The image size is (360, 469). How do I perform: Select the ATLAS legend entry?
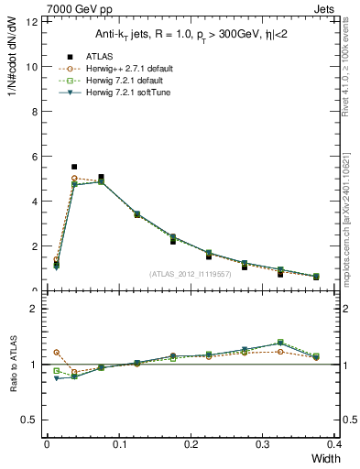click(95, 55)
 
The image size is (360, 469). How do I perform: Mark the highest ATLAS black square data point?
click(73, 167)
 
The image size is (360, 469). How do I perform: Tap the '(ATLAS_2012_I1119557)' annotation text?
click(190, 275)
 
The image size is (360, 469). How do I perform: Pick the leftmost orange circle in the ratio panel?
click(56, 352)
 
